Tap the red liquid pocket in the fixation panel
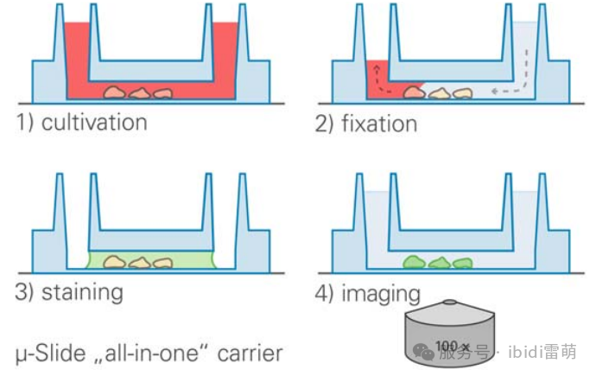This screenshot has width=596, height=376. click(x=377, y=80)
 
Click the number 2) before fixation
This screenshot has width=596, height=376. click(x=324, y=124)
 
